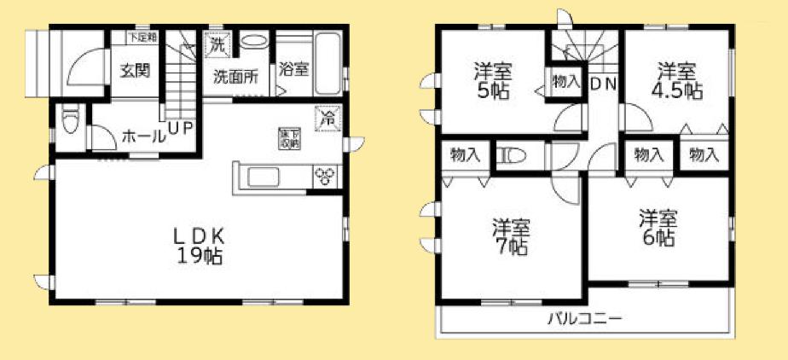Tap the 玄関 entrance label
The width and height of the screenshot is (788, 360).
tap(135, 70)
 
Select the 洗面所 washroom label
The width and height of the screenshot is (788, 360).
tap(236, 76)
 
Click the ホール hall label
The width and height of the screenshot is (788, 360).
tap(144, 135)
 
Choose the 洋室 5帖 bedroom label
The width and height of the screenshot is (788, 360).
tap(492, 80)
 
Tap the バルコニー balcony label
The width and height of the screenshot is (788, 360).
tap(584, 319)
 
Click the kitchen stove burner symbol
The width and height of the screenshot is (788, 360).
tap(326, 176)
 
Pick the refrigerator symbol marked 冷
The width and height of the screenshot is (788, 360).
tap(327, 118)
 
